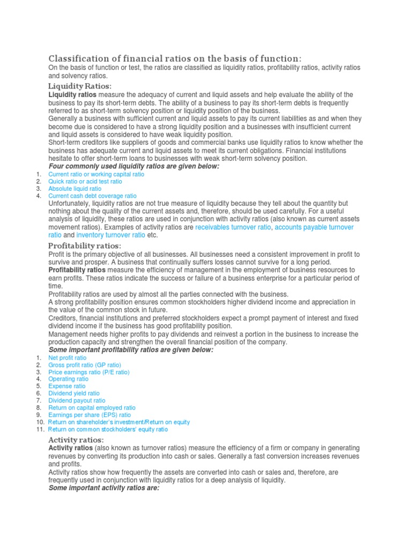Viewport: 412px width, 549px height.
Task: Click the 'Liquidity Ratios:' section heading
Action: click(80, 86)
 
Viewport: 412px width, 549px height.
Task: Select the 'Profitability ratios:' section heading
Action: click(85, 246)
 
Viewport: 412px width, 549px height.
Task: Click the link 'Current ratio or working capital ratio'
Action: click(96, 174)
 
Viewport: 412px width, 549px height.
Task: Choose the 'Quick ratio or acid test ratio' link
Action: click(85, 182)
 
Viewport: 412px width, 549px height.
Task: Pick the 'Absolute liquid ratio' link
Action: click(75, 189)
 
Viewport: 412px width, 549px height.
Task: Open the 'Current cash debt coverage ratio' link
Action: click(92, 196)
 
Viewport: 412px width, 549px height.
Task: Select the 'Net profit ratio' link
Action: click(67, 358)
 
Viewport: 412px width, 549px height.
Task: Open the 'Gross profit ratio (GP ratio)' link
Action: click(85, 365)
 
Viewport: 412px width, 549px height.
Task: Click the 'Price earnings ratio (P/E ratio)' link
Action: click(89, 372)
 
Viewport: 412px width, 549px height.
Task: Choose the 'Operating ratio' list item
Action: click(69, 379)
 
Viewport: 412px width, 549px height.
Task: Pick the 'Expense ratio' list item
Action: click(67, 386)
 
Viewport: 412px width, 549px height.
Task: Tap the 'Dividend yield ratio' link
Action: click(74, 394)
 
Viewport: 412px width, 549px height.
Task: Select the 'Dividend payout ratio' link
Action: click(77, 400)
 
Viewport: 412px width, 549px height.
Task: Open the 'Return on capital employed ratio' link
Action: click(92, 408)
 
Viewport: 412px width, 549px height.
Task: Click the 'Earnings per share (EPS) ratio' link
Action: click(90, 415)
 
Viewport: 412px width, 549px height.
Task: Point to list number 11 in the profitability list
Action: click(39, 429)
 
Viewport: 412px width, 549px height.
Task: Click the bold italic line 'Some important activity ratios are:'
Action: click(104, 488)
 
